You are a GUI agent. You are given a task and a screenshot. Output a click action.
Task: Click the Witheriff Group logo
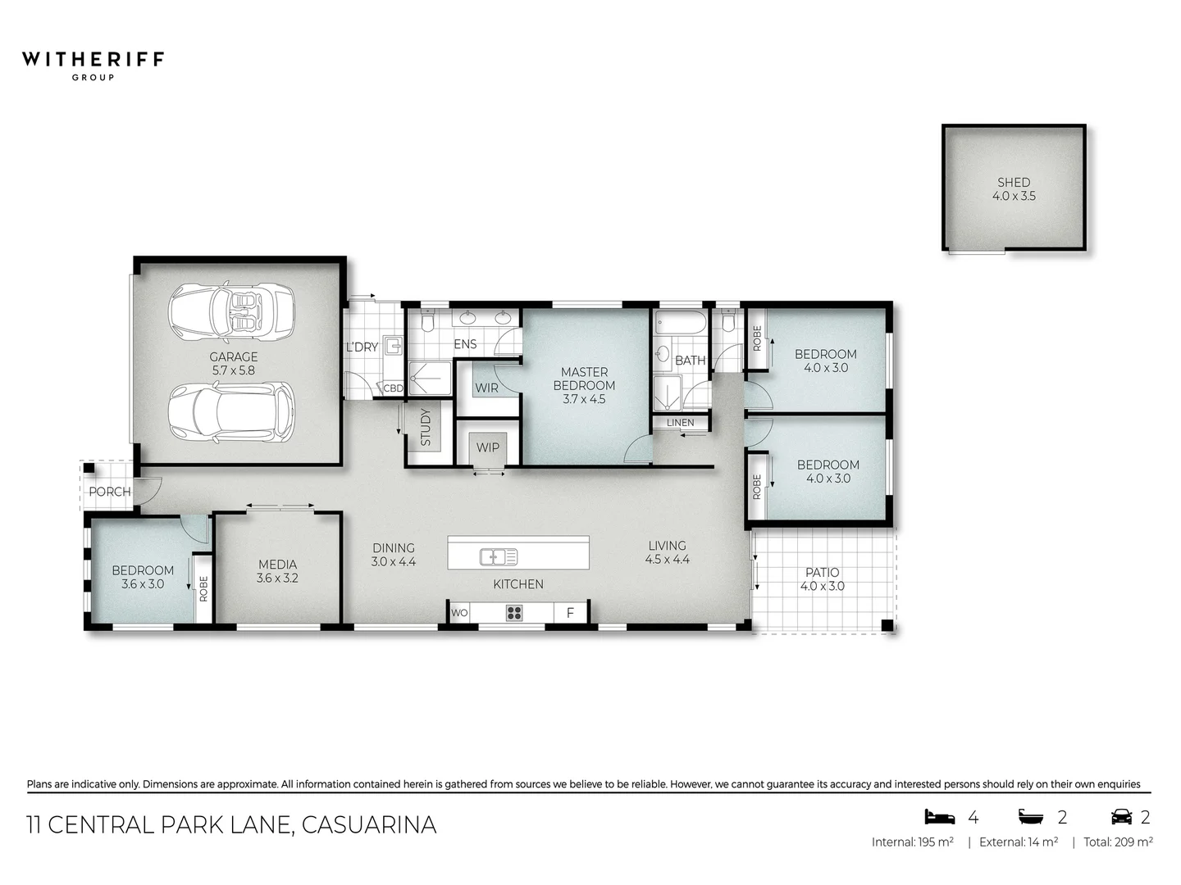[x=93, y=65]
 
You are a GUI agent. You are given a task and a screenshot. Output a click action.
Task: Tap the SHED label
[x=1014, y=188]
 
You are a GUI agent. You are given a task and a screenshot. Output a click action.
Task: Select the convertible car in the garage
[x=231, y=311]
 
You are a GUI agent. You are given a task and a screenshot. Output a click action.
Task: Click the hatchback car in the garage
[x=231, y=412]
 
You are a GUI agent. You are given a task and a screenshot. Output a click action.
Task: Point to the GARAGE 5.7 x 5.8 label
[x=234, y=363]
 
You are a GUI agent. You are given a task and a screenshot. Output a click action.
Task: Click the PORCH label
[x=109, y=492]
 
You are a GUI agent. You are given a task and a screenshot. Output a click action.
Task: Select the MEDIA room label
[x=277, y=570]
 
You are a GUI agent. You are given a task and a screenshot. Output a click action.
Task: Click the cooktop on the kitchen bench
[x=514, y=612]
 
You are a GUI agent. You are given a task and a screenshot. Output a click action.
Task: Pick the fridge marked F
[x=570, y=613]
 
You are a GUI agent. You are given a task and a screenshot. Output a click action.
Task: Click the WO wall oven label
[x=459, y=613]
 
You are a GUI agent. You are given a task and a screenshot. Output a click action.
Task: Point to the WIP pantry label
[x=487, y=447]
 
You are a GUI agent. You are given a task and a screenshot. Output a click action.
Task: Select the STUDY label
[x=425, y=427]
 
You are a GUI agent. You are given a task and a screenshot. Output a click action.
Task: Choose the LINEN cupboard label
[x=680, y=423]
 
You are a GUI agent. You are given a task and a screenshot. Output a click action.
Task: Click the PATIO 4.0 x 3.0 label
[x=822, y=579]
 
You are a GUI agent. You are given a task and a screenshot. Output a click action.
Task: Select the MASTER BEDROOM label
[x=584, y=385]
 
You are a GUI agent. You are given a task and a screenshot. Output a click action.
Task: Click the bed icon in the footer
[x=940, y=816]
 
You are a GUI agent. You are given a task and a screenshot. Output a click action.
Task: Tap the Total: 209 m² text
[x=1118, y=842]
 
